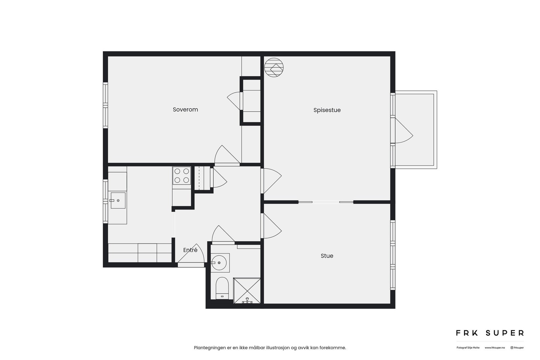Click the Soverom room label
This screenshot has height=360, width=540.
pos(185,110)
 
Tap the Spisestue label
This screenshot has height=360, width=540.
pos(327,110)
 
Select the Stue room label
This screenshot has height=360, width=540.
pos(327,256)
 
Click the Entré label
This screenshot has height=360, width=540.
pos(190,250)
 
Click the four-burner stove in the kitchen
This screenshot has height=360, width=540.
pos(182,176)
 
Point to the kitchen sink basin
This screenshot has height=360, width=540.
pos(118,200)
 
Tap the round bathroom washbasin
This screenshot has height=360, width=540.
pos(220,262)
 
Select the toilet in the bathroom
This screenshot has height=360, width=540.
pos(222,287)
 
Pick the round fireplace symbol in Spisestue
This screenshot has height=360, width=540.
pos(274,67)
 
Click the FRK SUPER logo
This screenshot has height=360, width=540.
pos(490,333)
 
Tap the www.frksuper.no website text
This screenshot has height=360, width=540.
pos(495,348)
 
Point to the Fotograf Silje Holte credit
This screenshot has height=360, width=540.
pos(468,348)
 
